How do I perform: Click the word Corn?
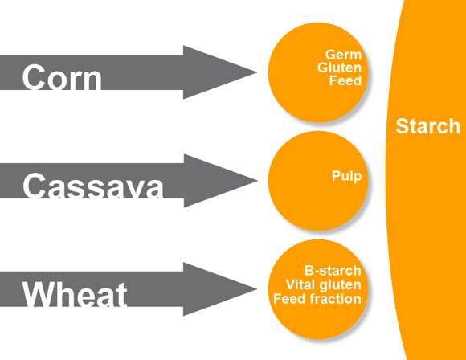point(62,77)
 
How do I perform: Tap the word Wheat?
point(75,294)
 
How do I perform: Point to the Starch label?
point(428,126)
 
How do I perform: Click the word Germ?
point(343,55)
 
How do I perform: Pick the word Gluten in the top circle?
point(339,67)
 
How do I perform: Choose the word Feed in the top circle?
point(345,80)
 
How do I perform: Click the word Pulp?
point(347,176)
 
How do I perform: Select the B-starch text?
point(333,271)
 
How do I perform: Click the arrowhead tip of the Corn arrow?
point(257,72)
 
